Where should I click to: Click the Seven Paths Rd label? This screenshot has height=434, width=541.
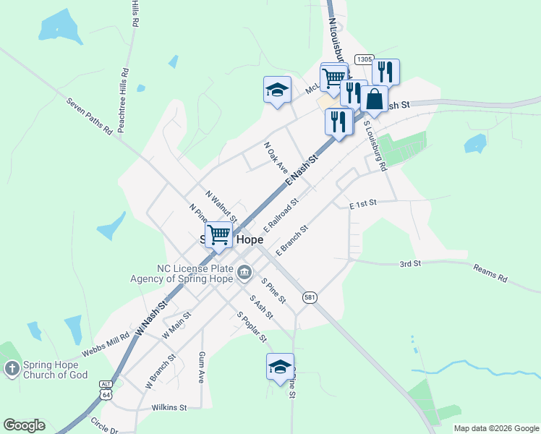click(x=90, y=116)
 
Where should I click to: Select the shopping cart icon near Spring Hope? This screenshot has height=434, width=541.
click(x=218, y=234)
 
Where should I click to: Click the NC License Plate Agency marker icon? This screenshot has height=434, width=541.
click(x=244, y=272)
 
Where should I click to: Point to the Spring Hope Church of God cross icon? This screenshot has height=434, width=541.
click(x=11, y=370)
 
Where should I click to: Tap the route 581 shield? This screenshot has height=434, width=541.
click(x=310, y=298)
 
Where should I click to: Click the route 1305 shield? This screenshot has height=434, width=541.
click(x=364, y=60)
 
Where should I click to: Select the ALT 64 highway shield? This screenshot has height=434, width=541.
click(x=107, y=391)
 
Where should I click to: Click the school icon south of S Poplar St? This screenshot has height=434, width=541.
click(x=280, y=366)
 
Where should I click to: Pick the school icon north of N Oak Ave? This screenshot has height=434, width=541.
click(x=276, y=90)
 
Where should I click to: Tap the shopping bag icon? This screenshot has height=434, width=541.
click(x=374, y=100)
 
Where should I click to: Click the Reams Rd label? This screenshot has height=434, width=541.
click(x=491, y=273)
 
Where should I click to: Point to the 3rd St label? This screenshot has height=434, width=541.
click(x=410, y=265)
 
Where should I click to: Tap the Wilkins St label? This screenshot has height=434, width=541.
click(x=169, y=408)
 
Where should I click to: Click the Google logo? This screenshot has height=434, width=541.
click(x=24, y=425)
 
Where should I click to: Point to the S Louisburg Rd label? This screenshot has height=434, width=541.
click(x=375, y=146)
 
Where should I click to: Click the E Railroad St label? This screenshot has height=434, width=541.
click(x=281, y=217)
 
